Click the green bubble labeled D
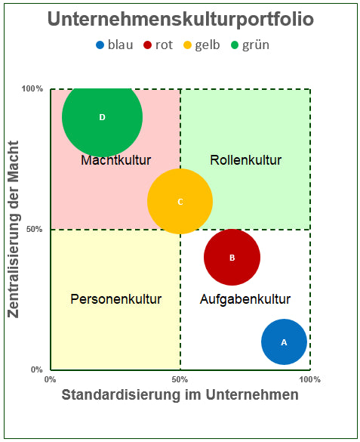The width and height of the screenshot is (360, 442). click(102, 117)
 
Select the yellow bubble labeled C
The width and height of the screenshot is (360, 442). click(180, 201)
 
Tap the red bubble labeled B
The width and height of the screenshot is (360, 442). click(232, 257)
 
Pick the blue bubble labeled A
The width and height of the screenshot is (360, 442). click(284, 342)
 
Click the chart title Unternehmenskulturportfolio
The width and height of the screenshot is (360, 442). click(180, 20)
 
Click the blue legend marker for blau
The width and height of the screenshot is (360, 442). click(100, 45)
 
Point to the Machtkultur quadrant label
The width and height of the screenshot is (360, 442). click(115, 160)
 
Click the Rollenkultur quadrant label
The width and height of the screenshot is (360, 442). click(245, 160)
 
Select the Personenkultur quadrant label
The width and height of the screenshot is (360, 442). click(115, 299)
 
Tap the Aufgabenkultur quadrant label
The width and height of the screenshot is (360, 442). click(245, 299)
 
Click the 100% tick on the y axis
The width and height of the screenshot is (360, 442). click(32, 89)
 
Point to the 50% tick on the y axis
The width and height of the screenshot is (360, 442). click(34, 229)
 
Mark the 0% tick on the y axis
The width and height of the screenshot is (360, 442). click(36, 369)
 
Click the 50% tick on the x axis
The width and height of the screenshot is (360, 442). click(180, 379)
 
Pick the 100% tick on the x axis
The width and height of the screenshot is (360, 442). click(309, 379)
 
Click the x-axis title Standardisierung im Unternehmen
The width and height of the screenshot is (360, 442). click(180, 395)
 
